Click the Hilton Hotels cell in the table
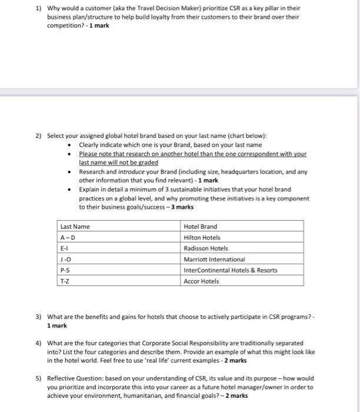click(202, 238)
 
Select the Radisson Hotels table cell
click(205, 248)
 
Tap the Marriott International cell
click(214, 259)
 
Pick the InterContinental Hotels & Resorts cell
click(230, 270)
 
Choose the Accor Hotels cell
click(201, 281)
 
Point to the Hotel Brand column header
click(200, 227)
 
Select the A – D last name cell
click(69, 238)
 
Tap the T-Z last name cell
click(65, 281)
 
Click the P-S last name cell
click(65, 270)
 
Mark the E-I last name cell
click(64, 248)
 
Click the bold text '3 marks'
click(182, 207)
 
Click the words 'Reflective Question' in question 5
click(72, 378)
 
